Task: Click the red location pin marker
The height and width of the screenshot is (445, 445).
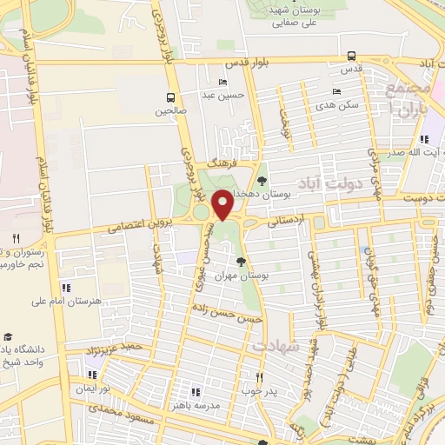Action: [x=222, y=203]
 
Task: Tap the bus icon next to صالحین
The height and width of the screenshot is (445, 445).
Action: [x=170, y=97]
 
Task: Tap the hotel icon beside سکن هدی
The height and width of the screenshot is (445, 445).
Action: [x=336, y=91]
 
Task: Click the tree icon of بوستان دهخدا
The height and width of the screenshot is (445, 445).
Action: [x=262, y=179]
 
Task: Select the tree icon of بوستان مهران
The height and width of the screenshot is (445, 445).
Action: [x=242, y=261]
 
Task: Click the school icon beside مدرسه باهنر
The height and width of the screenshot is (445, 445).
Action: [x=195, y=392]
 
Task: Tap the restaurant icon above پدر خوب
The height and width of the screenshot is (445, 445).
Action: [x=259, y=376]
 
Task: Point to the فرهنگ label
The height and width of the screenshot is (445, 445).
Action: [x=223, y=163]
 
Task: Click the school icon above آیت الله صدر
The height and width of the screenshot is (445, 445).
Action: [x=423, y=139]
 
